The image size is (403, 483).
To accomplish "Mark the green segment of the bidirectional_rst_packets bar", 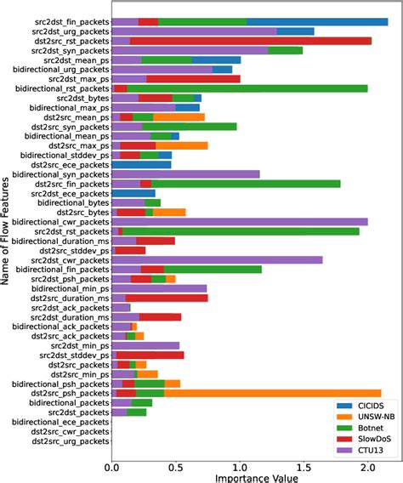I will (247, 88).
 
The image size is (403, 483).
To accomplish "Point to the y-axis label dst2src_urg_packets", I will (68, 440).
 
